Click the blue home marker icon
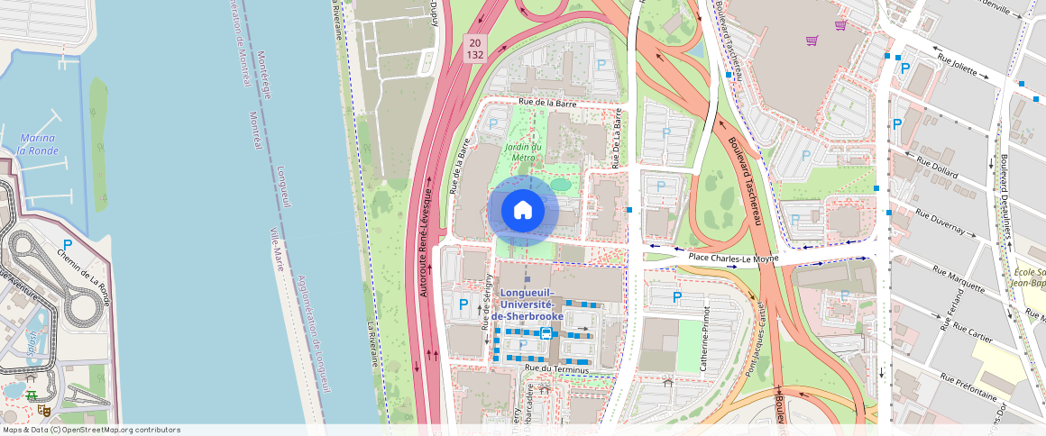(x=523, y=211)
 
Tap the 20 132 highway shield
(x=475, y=49)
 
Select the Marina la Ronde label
(x=38, y=144)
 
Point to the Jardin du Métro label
(x=523, y=151)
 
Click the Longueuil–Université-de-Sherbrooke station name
(x=532, y=304)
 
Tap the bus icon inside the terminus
(x=546, y=333)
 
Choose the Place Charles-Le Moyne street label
(x=733, y=259)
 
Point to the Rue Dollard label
(x=938, y=168)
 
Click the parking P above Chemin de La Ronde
(x=68, y=245)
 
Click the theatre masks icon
(x=43, y=411)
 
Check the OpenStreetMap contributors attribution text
(x=90, y=430)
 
